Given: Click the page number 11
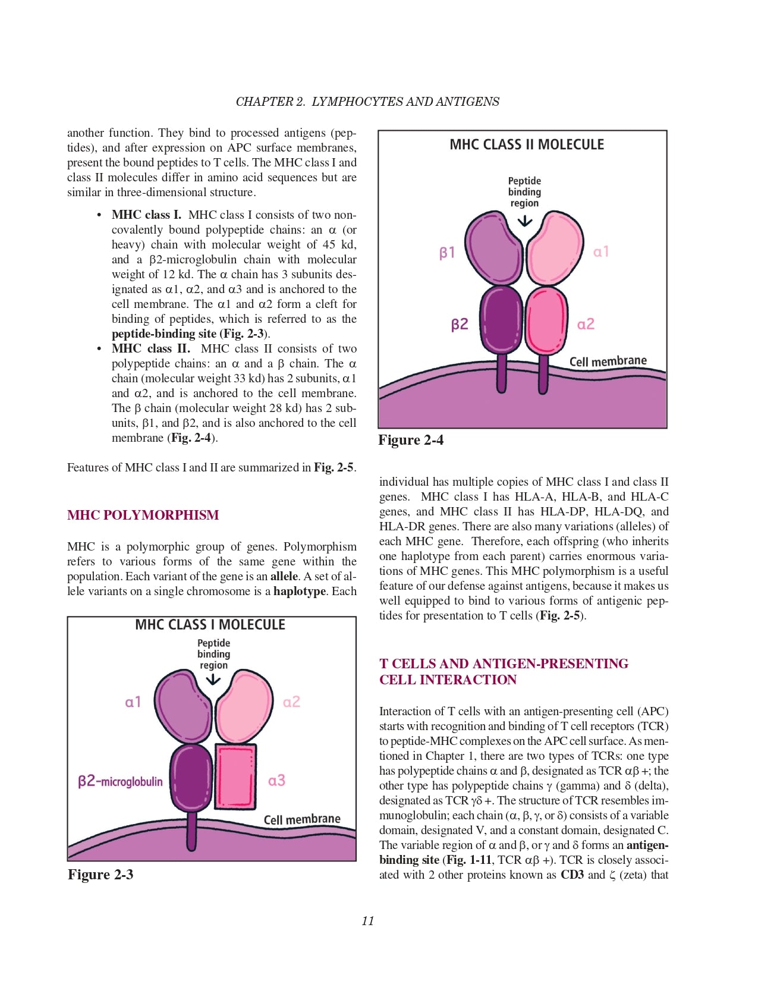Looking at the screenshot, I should click(x=368, y=921).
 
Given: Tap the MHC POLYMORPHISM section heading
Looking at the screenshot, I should click(x=143, y=515).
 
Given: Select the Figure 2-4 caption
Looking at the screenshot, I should click(x=411, y=440).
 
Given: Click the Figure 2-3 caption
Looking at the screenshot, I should click(x=100, y=875).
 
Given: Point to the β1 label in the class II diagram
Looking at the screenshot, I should click(x=447, y=253).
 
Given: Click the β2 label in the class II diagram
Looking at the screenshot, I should click(x=460, y=324).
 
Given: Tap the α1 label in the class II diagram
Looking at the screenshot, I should click(x=601, y=251).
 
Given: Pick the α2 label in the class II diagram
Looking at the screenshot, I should click(x=586, y=324).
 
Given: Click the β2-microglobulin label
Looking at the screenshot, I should click(x=120, y=781).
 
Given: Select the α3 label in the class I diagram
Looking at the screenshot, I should click(x=276, y=781).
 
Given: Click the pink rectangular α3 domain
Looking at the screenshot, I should click(x=236, y=776).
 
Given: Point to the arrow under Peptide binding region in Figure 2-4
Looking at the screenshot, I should click(x=524, y=221).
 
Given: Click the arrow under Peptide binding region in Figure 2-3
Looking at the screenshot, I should click(x=213, y=680).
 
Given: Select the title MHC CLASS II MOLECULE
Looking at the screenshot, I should click(x=526, y=144).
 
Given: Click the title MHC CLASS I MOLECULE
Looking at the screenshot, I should click(x=210, y=625).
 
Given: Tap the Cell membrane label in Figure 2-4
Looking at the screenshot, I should click(x=608, y=361).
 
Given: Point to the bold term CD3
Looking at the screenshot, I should click(x=572, y=875).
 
